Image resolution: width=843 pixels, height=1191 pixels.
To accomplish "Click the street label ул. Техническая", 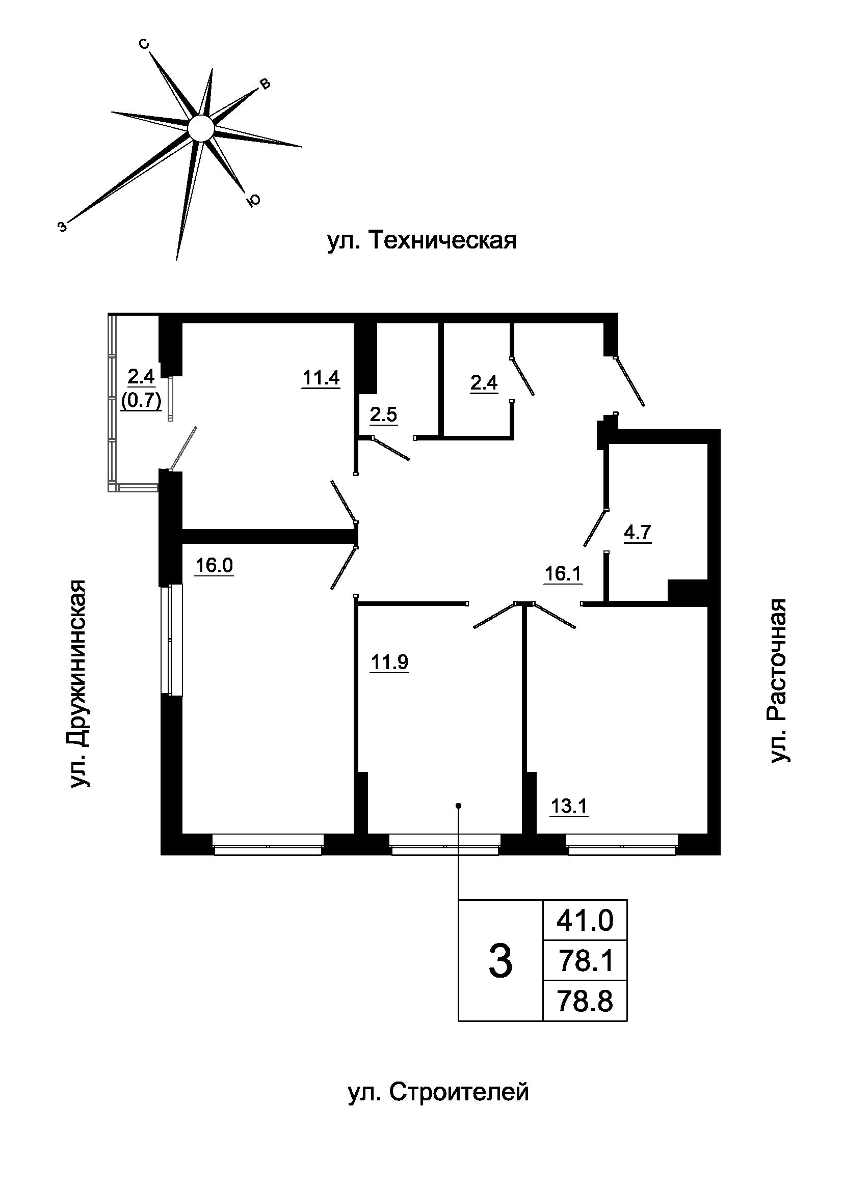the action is coord(422,241).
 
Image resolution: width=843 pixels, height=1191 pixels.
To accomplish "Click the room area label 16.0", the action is coord(214,565).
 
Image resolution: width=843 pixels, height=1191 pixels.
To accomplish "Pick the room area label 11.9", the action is coord(389,662).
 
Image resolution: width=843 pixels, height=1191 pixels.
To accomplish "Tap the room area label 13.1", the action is coord(569,807).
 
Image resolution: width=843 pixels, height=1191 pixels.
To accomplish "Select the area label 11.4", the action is coord(321,378).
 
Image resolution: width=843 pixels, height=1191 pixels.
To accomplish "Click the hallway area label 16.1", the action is coord(563,574).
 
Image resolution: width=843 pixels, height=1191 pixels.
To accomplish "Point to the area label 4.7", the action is coord(638,533).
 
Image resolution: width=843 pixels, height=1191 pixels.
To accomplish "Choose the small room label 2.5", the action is coord(384,415).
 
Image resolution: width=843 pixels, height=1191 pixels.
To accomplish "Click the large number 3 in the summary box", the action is coord(500,962).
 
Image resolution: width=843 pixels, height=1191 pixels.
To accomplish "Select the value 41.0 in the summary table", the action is coord(585,921).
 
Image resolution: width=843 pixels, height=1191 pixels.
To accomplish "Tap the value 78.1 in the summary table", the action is coord(585,961).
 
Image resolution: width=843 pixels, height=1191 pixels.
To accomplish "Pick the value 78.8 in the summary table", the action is coord(585,1002).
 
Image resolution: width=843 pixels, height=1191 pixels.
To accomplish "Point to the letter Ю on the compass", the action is coord(253,201).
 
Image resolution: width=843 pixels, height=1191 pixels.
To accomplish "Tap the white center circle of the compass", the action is coord(200,128).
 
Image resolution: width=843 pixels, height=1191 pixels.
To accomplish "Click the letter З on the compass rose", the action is coord(62,226).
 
